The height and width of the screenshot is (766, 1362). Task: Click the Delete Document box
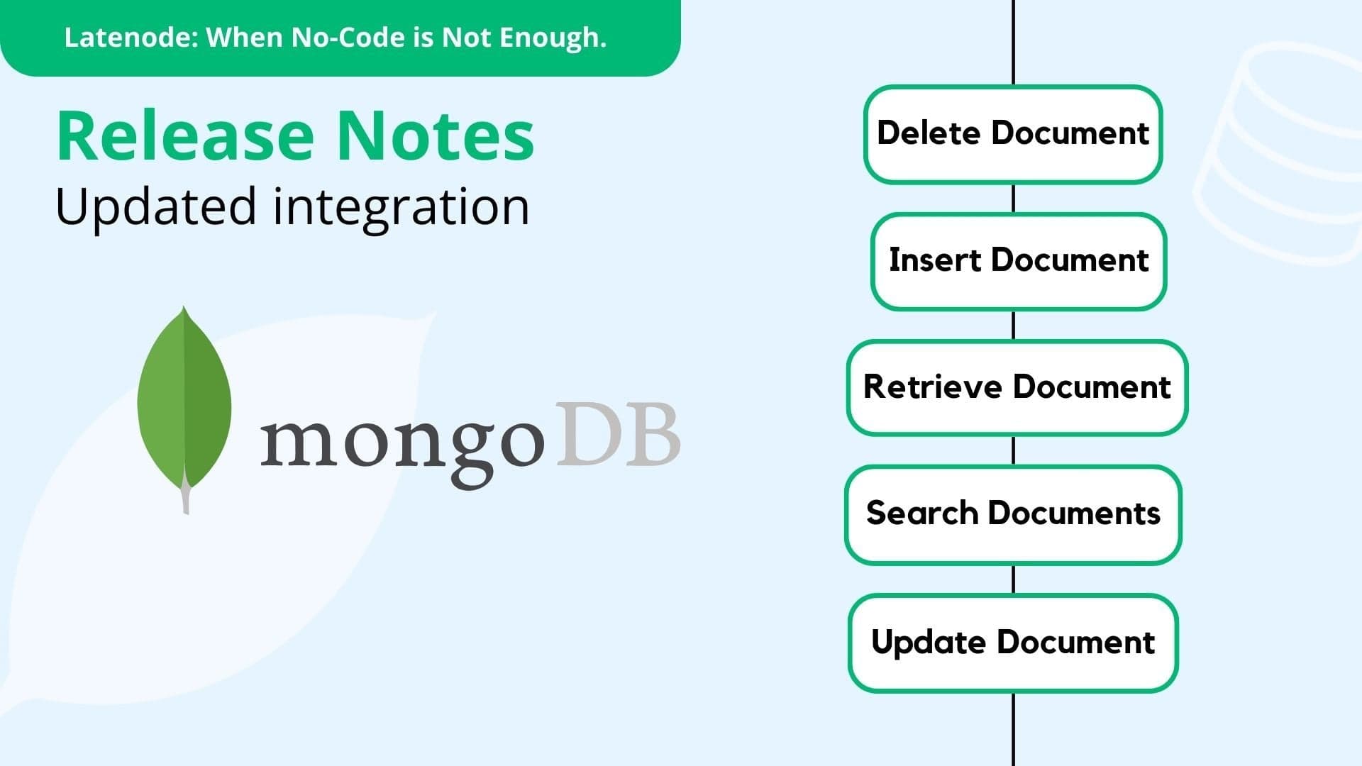(x=1013, y=134)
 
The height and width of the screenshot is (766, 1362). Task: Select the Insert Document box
(x=1019, y=261)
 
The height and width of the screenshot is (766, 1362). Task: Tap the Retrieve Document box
(x=1017, y=387)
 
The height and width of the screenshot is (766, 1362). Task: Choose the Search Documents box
(x=1013, y=514)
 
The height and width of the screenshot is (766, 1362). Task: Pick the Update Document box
(x=1013, y=643)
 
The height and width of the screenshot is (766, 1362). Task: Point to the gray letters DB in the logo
(x=618, y=434)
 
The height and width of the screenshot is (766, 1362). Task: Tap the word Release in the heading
(x=185, y=135)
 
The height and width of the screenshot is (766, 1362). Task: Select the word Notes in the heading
(x=435, y=135)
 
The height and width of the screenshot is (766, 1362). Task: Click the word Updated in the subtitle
(x=155, y=208)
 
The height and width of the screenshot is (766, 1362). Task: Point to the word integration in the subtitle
(x=401, y=208)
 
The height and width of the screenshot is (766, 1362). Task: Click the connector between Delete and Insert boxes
(x=1013, y=199)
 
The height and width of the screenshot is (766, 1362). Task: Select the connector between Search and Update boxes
(x=1013, y=579)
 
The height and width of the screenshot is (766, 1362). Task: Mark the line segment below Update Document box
(x=1013, y=729)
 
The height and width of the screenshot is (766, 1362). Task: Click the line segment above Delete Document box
(x=1013, y=43)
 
